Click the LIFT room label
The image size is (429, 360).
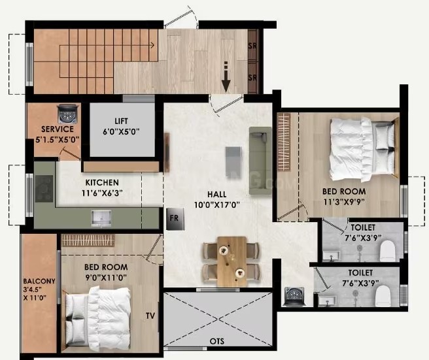pyautogui.click(x=121, y=121)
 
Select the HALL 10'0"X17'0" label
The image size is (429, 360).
pyautogui.click(x=216, y=199)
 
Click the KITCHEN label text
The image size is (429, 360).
pyautogui.click(x=102, y=182)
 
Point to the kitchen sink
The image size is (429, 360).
pyautogui.click(x=101, y=218)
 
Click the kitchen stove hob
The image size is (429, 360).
pyautogui.click(x=44, y=189)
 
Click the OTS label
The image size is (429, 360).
pyautogui.click(x=217, y=341)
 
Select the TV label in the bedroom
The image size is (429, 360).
pyautogui.click(x=150, y=316)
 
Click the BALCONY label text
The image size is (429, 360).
pyautogui.click(x=39, y=281)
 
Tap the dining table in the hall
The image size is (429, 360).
pyautogui.click(x=232, y=261)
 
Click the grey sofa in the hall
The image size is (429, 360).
pyautogui.click(x=260, y=161)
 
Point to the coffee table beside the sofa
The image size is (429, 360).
pyautogui.click(x=233, y=163)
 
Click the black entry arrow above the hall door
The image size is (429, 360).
pyautogui.click(x=226, y=77)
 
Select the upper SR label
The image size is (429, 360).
pyautogui.click(x=252, y=46)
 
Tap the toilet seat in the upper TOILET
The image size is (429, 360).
pyautogui.click(x=387, y=250)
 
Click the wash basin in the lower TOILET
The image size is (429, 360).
pyautogui.click(x=328, y=301)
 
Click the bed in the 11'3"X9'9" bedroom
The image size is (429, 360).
pyautogui.click(x=362, y=150)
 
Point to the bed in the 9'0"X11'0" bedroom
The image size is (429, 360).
pyautogui.click(x=97, y=318)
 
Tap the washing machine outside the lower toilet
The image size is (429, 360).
pyautogui.click(x=294, y=297)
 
